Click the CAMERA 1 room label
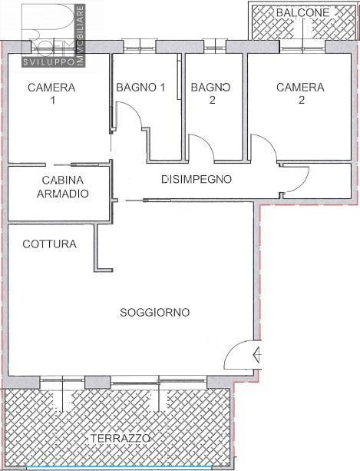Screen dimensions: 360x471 click(51, 94)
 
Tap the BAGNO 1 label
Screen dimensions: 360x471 click(140, 88)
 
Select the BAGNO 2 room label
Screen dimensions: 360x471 click(211, 94)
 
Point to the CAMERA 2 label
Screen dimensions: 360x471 click(300, 94)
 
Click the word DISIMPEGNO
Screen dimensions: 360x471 click(197, 179)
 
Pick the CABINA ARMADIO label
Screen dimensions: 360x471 click(63, 187)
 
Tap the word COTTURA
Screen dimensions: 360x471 click(49, 244)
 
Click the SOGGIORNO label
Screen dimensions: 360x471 click(155, 313)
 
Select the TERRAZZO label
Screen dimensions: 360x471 click(120, 438)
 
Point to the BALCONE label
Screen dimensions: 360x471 click(302, 12)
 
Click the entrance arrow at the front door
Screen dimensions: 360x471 click(257, 355)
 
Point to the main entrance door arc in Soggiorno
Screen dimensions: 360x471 click(231, 348)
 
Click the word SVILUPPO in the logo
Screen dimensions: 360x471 click(48, 62)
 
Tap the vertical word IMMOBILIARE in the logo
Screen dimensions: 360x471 click(81, 35)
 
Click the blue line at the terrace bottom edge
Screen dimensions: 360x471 click(119, 466)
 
